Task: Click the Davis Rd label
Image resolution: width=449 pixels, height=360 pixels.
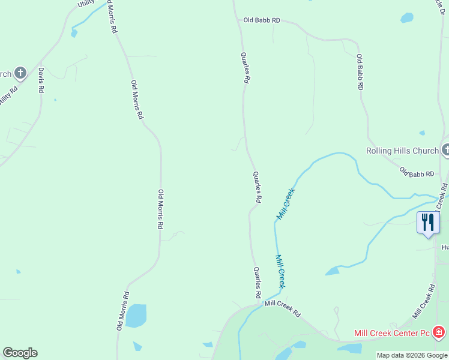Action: coord(41,80)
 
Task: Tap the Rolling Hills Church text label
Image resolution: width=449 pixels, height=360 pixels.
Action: coord(403,151)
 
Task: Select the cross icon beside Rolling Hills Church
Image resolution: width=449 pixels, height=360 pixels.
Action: coord(445,149)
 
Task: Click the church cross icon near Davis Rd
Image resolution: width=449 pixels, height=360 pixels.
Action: coord(20,74)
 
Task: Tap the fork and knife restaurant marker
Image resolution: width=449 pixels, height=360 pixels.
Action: coord(428,223)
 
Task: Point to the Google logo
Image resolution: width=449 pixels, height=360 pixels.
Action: coord(20,353)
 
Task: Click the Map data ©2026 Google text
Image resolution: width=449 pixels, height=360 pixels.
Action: coord(412,356)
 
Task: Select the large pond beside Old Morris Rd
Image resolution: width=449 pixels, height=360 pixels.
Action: coord(136,316)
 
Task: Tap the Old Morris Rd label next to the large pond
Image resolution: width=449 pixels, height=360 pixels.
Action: coord(123,311)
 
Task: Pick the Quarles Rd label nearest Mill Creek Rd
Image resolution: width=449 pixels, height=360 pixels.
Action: coord(258,283)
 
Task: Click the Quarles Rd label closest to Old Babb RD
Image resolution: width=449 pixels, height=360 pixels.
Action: coord(246,67)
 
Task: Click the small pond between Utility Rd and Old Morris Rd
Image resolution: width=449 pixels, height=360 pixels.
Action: coord(74,34)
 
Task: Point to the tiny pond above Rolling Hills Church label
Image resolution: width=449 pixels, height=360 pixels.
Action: coord(422,133)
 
